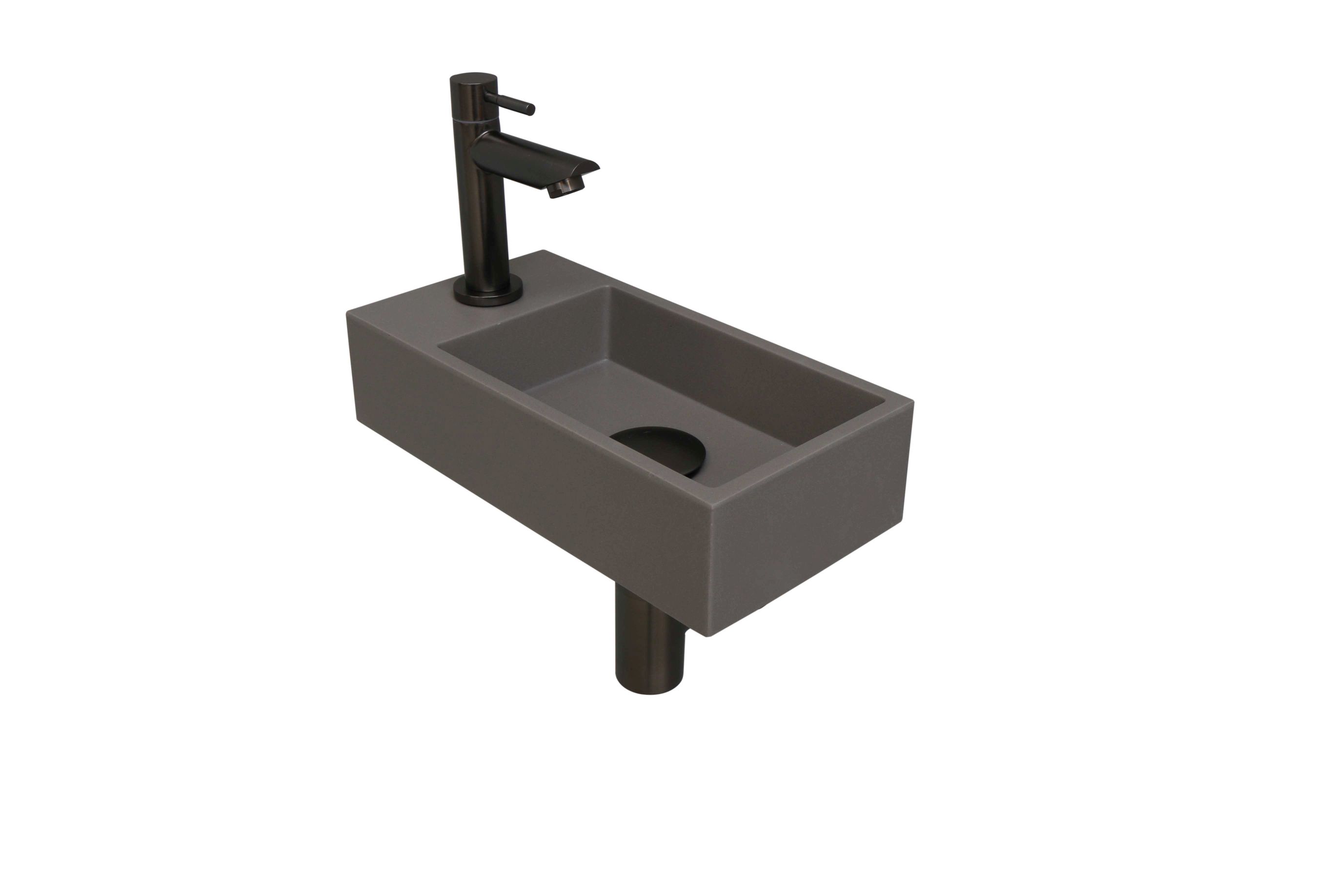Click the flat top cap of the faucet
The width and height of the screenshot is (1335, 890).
[x=473, y=79]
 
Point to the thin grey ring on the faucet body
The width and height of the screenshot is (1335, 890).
[x=473, y=119]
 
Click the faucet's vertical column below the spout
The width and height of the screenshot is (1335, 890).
[x=483, y=227]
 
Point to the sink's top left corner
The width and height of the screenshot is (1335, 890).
[x=347, y=312]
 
